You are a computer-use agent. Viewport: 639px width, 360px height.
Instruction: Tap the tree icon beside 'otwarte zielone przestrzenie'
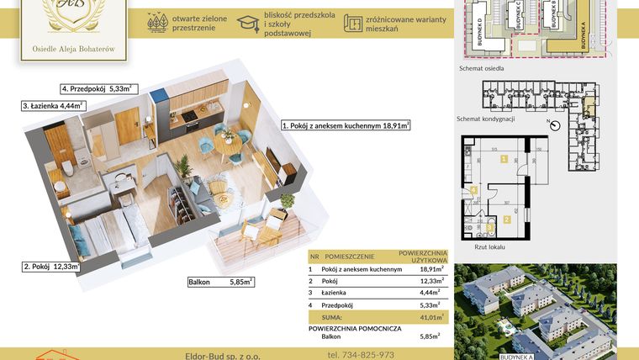156,24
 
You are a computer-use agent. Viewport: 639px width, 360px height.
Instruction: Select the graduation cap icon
247,24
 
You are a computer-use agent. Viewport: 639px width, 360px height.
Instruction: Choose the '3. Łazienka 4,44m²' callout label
53,106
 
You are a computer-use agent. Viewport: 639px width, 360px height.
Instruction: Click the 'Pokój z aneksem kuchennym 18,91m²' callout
346,125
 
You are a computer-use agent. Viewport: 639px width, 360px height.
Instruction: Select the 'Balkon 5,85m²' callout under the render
220,283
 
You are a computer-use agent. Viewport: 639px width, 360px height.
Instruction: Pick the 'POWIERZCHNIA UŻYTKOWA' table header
423,256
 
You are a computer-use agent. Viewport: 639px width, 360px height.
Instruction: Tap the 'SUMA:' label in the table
334,316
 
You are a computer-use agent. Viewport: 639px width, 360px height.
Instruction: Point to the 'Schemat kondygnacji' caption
486,119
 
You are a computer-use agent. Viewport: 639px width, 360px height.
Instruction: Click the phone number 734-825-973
361,355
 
